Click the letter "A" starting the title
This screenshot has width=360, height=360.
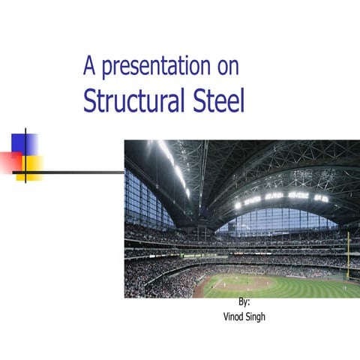[x=89, y=67]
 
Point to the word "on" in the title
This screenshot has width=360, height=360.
[x=228, y=67]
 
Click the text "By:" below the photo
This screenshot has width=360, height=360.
[x=244, y=302]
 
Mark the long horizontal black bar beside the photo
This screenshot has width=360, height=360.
[x=75, y=172]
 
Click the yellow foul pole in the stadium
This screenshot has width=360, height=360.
[x=347, y=255]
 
